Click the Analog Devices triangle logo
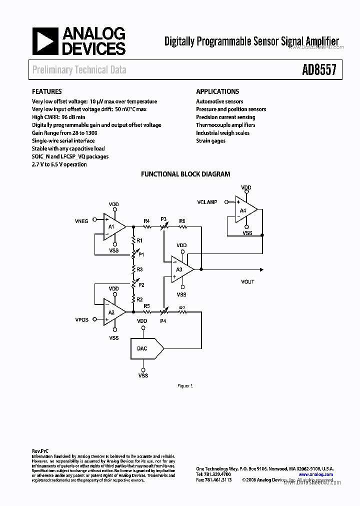point(45,41)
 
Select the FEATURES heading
point(47,91)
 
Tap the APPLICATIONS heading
point(217,91)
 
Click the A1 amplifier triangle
point(112,226)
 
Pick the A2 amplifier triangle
point(112,311)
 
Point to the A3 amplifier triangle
point(180,269)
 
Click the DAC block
point(144,348)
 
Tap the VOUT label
point(247,281)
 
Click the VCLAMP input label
point(207,202)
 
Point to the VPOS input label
point(82,319)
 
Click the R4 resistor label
point(146,220)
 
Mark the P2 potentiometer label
point(141,285)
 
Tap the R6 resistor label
point(182,220)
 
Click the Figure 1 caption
point(185,386)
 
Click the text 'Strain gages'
point(210,141)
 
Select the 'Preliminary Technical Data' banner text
point(79,70)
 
